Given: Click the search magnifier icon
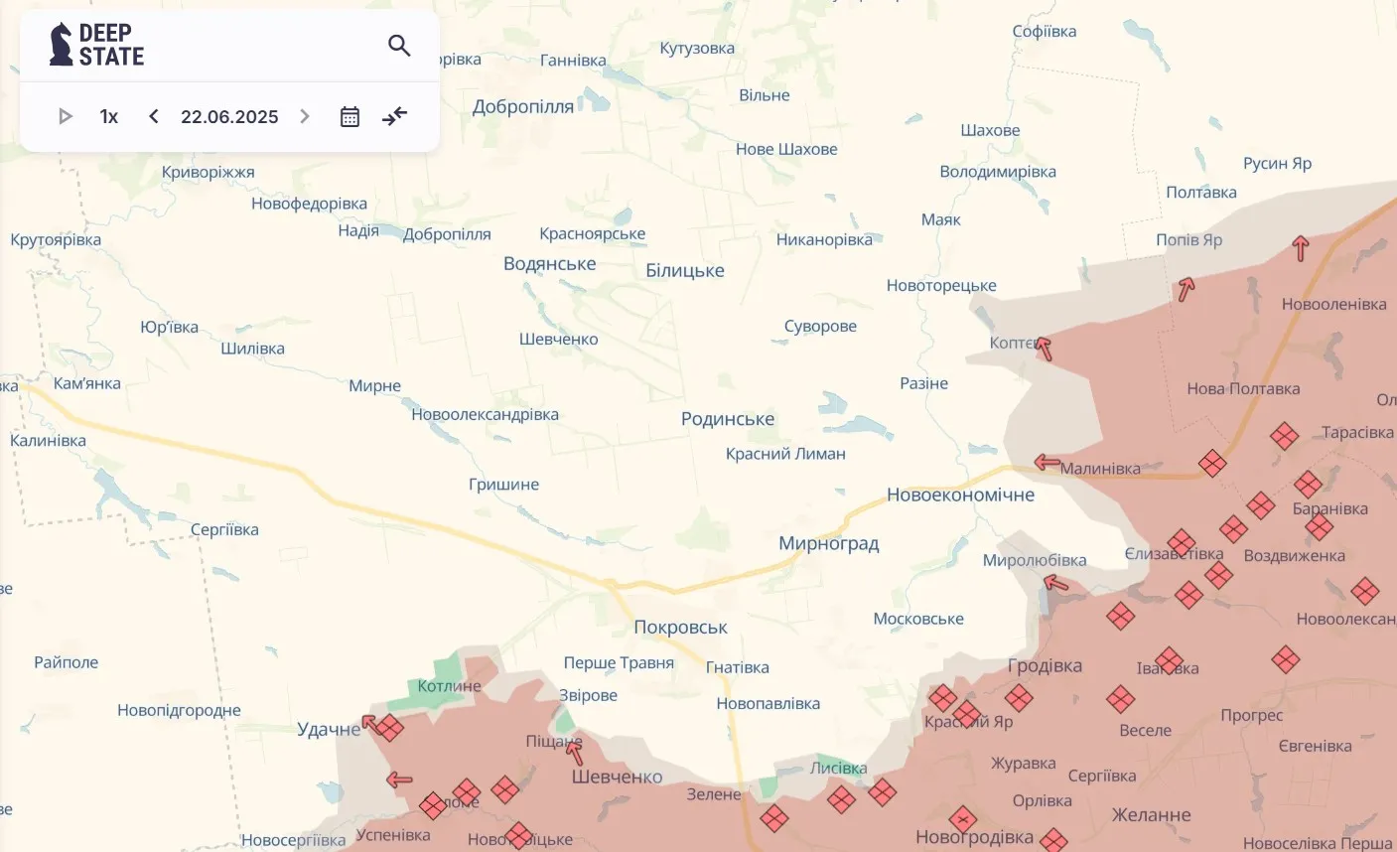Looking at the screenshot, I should click(x=399, y=46).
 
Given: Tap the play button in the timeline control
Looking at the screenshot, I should click(x=66, y=116).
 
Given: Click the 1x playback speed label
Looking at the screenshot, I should click(x=109, y=116).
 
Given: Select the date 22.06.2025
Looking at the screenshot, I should click(x=229, y=116).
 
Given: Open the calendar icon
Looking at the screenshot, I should click(x=349, y=116).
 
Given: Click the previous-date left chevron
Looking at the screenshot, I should click(x=154, y=116).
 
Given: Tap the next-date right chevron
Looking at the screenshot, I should click(x=305, y=116).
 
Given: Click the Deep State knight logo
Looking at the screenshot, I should click(x=62, y=45).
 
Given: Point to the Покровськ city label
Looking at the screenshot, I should click(x=680, y=627).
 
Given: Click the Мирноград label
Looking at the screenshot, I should click(x=828, y=543).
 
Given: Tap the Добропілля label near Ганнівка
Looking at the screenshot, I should click(x=522, y=106).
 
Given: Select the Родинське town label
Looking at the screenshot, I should click(x=727, y=419).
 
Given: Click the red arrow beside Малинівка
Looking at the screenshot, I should click(x=1047, y=462).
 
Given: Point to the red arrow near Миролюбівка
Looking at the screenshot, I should click(x=1056, y=583).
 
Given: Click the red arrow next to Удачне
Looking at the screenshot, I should click(x=369, y=722).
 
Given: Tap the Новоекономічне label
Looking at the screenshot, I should click(x=960, y=495).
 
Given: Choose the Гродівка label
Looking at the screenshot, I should click(x=1045, y=665).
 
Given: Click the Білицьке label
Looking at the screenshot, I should click(x=684, y=270).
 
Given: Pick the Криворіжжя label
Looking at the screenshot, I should click(x=208, y=172).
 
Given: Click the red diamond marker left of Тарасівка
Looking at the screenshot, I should click(x=1284, y=436).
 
